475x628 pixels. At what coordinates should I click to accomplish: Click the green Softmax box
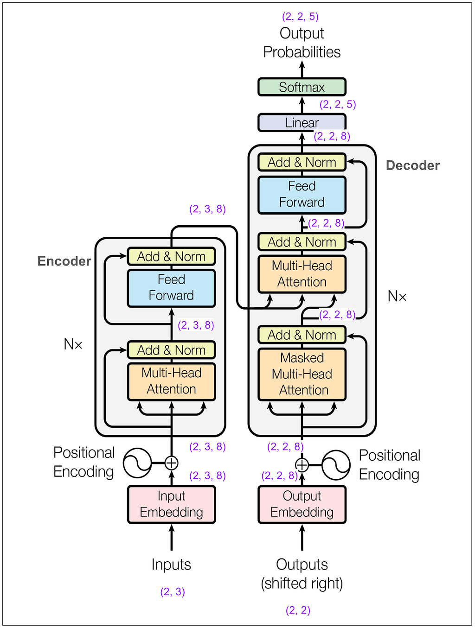pos(302,87)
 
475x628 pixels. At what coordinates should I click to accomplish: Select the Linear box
pos(302,123)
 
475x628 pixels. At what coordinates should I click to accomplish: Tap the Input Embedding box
pos(172,504)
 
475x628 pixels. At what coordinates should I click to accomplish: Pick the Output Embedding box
pos(302,504)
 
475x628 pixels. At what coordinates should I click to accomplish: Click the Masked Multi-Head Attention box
pos(302,374)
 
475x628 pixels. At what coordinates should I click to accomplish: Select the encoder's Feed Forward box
pos(172,288)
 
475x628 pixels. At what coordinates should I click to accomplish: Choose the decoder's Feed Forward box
pos(302,195)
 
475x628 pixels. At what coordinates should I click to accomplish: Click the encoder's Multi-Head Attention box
pos(172,381)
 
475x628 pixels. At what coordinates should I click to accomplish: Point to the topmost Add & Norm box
pos(302,163)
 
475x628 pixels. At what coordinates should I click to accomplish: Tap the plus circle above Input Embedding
pos(172,463)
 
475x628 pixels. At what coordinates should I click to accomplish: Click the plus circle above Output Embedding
pos(302,465)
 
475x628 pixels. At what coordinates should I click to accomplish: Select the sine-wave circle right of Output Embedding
pos(336,465)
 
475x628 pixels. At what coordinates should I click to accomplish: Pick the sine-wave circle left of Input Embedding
pos(137,463)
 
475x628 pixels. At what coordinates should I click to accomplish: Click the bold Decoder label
pos(413,165)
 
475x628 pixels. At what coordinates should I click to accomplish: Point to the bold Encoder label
pos(64,261)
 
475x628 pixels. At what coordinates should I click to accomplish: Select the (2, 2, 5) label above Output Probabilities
pos(301,17)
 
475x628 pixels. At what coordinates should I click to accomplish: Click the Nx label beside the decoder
pos(397,296)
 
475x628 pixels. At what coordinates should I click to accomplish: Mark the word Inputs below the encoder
pos(171,565)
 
